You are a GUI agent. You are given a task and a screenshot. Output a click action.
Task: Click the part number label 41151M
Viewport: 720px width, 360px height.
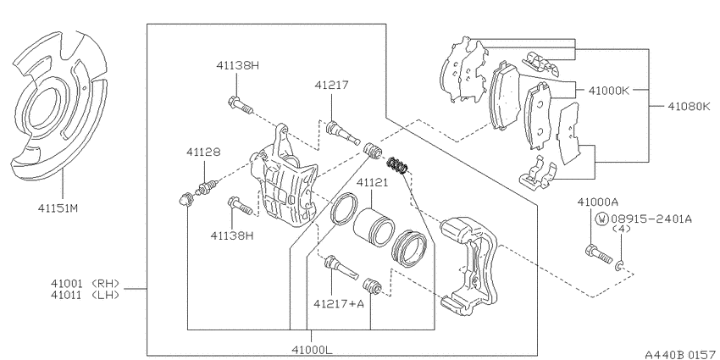tap(58, 209)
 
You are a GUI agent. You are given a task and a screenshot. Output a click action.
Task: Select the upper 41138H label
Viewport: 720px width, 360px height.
tap(237, 66)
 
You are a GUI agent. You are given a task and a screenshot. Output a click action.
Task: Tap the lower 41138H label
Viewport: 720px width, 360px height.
tap(232, 235)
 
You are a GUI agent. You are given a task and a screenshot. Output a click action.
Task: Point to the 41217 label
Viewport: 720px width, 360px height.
tap(331, 85)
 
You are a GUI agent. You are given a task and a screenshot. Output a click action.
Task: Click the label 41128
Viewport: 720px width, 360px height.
tap(203, 152)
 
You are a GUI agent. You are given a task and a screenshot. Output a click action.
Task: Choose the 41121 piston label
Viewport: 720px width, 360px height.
tap(373, 182)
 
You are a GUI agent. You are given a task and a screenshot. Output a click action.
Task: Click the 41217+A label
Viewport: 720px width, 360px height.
tap(339, 303)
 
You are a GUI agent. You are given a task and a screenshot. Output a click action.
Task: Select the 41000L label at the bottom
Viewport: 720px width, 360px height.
tap(312, 350)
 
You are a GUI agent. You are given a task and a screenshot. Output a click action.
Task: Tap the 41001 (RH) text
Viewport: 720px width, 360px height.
tap(86, 283)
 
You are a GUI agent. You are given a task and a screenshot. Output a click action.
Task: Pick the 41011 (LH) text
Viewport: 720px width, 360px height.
tap(86, 295)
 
